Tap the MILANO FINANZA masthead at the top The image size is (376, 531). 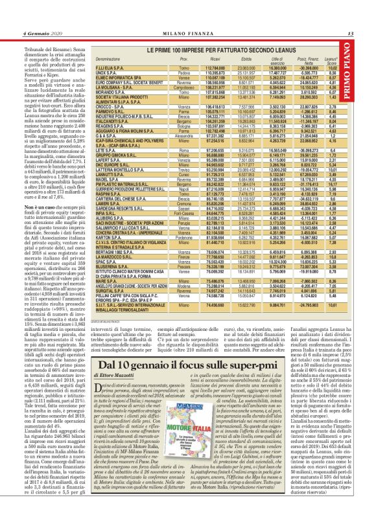coord(187,15)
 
